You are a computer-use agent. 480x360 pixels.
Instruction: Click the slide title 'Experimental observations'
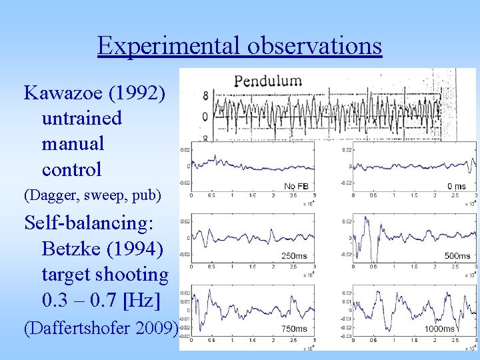[x=239, y=46]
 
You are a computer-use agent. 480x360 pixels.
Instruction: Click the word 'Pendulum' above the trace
[x=267, y=82]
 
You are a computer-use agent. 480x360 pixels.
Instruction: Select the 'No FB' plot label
[x=298, y=186]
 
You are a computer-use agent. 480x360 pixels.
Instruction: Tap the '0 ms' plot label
[x=457, y=186]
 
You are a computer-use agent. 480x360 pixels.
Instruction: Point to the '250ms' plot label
[x=294, y=255]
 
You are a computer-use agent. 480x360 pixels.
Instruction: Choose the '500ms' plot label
[x=457, y=255]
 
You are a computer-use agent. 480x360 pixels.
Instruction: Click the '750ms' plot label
[x=294, y=328]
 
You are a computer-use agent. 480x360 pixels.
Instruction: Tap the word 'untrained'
[x=81, y=118]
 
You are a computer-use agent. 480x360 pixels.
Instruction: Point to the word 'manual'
[x=73, y=143]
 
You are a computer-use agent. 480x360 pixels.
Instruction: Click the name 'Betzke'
[x=73, y=248]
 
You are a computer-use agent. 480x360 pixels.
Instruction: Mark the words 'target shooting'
[x=105, y=274]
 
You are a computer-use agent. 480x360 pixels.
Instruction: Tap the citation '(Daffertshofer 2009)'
[x=101, y=327]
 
